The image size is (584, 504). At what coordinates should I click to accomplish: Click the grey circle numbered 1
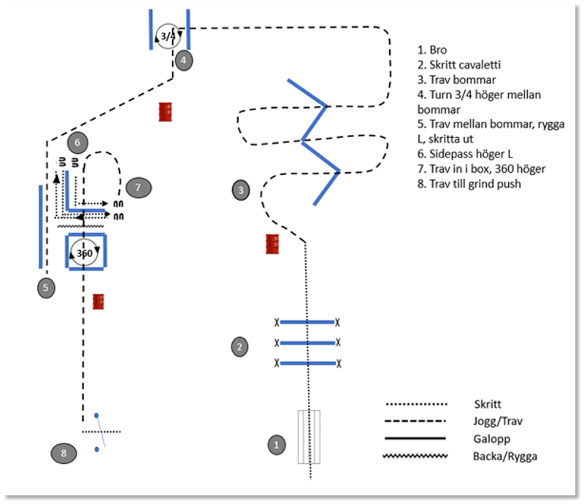tap(275, 443)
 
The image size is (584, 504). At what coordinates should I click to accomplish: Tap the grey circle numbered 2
tap(239, 346)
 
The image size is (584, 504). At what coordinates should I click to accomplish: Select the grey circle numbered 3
tap(240, 190)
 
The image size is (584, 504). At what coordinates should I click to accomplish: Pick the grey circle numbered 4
tap(184, 60)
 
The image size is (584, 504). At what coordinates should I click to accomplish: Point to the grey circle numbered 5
tap(45, 287)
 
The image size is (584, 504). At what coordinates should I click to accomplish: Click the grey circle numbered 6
tap(77, 141)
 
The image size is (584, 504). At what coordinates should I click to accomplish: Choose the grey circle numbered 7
tap(138, 187)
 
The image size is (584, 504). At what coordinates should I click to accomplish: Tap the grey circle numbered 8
tap(64, 453)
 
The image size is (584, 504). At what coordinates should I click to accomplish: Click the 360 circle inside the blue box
tap(85, 253)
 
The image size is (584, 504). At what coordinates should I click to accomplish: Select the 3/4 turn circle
tap(169, 34)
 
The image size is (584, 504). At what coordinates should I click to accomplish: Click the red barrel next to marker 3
tap(273, 244)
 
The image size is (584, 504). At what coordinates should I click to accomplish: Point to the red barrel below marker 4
tap(166, 111)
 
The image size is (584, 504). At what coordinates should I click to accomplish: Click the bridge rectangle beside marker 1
tap(309, 437)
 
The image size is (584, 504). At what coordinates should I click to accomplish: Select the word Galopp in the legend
tap(490, 438)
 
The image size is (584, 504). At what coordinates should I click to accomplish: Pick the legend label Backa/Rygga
tap(501, 457)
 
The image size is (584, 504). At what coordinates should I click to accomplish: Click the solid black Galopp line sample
tap(415, 438)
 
